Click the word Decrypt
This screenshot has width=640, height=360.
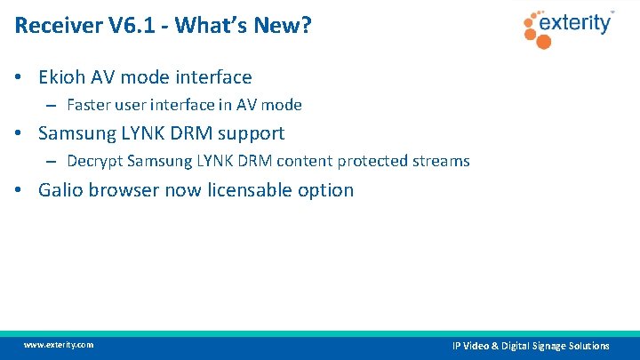click(94, 162)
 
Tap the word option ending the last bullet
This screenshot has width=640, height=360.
click(328, 190)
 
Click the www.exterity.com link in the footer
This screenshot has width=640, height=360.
click(58, 345)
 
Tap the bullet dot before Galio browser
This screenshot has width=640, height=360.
click(20, 190)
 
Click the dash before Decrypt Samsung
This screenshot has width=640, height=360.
click(52, 162)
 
